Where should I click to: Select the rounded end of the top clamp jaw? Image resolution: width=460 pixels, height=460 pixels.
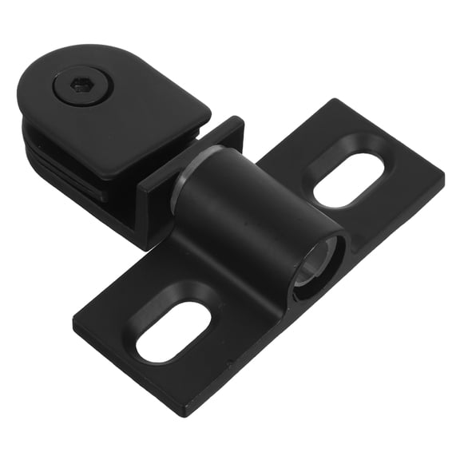point(32,88)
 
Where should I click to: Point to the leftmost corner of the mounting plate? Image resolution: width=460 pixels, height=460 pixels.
point(75,326)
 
